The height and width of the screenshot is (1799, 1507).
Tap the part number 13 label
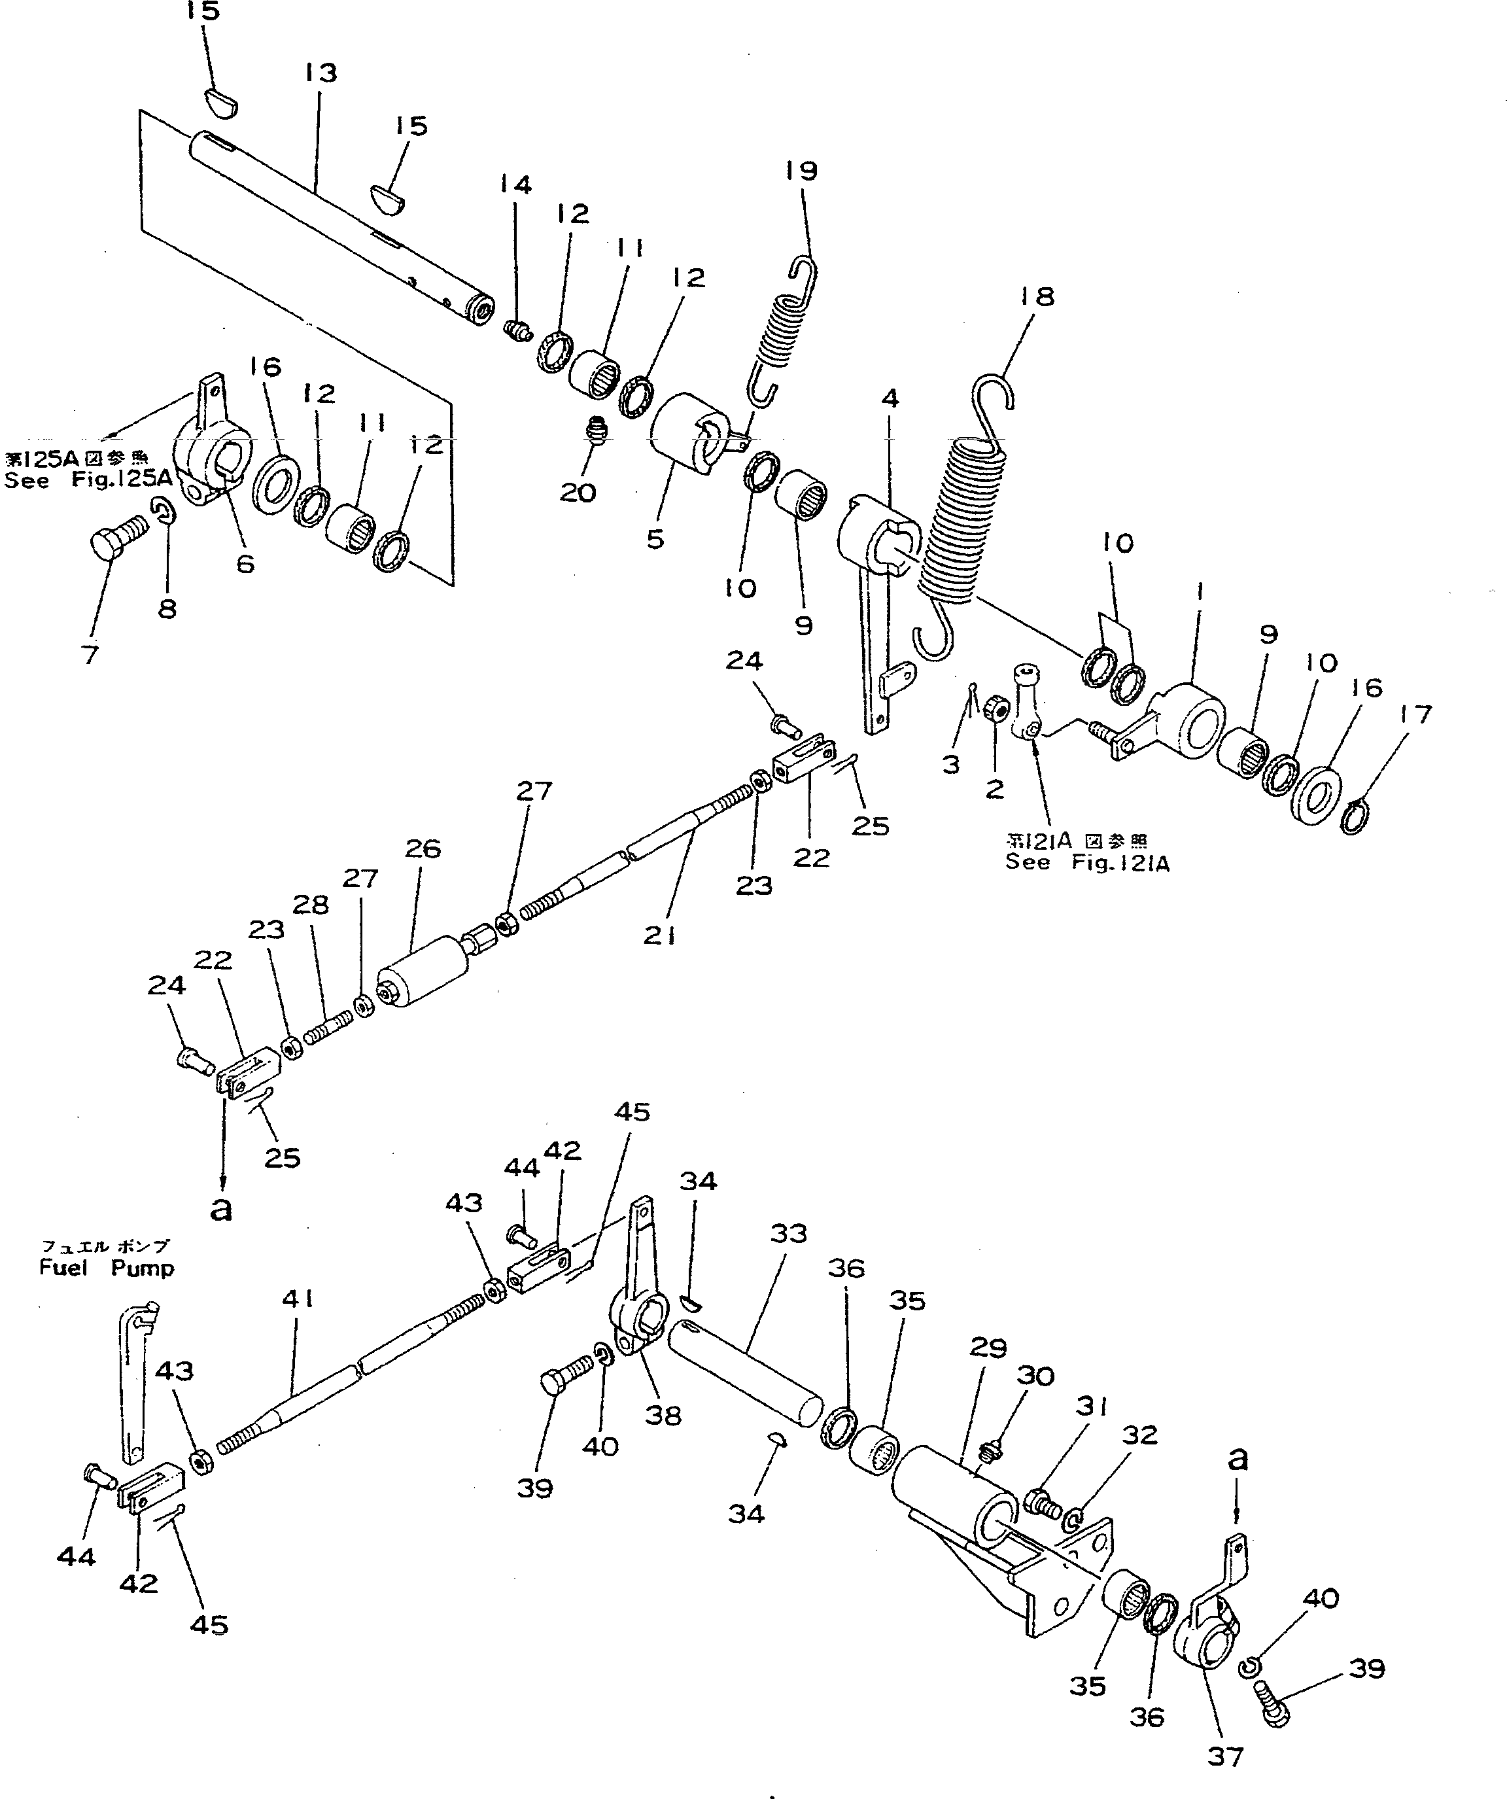pos(320,73)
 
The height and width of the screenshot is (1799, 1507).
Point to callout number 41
pos(298,1300)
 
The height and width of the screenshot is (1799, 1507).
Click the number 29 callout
pos(987,1348)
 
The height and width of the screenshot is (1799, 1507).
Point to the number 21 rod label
pos(660,936)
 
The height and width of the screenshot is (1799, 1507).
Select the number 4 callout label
pos(890,398)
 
